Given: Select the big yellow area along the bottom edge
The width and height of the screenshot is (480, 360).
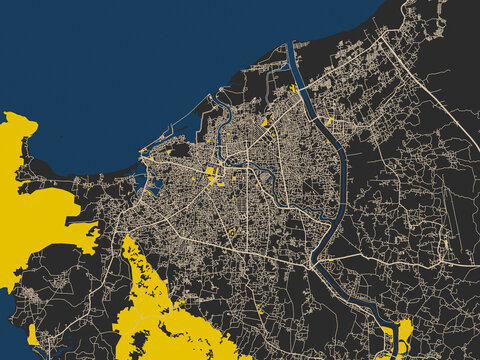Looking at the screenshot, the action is pyautogui.click(x=160, y=310).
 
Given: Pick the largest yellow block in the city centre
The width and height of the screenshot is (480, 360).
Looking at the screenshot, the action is pyautogui.click(x=211, y=177).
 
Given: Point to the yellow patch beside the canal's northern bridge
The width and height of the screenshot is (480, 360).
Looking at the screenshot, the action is pyautogui.click(x=293, y=88).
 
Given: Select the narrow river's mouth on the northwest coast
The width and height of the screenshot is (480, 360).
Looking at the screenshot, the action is pyautogui.click(x=213, y=99).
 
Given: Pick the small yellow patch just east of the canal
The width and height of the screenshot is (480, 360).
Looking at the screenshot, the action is pyautogui.click(x=329, y=121).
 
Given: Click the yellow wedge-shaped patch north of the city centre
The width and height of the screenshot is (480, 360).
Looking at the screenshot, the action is pyautogui.click(x=264, y=123).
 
